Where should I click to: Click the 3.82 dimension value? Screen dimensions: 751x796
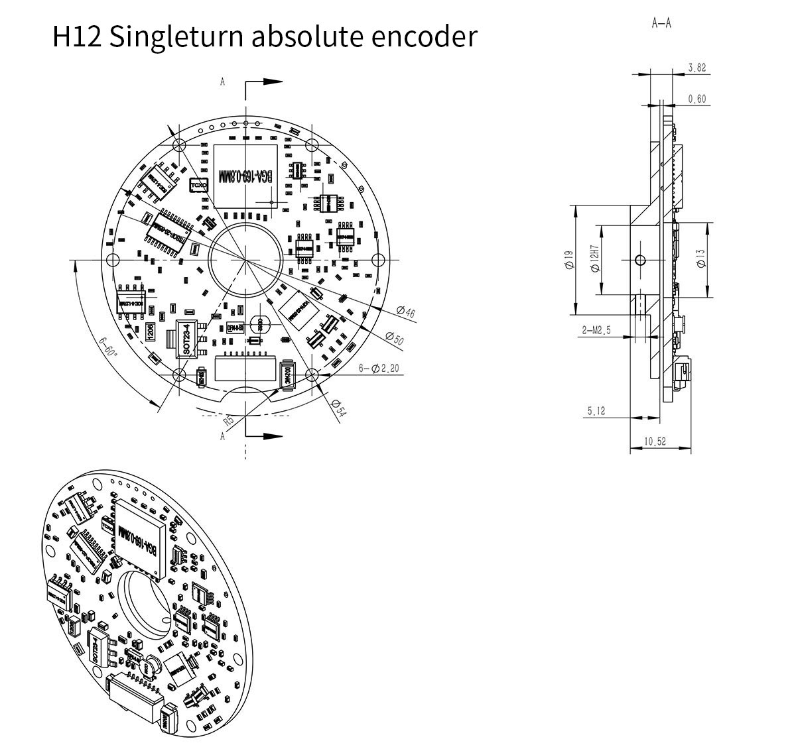(696, 68)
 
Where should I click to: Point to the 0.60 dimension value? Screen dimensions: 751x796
(696, 99)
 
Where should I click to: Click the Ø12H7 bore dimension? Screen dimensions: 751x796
(595, 259)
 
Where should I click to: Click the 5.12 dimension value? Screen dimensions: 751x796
(596, 411)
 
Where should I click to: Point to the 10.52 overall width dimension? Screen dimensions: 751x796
(655, 441)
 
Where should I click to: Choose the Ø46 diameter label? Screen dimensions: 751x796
(405, 312)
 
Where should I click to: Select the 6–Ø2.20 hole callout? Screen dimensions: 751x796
(379, 368)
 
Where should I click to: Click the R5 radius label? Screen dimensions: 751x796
(228, 420)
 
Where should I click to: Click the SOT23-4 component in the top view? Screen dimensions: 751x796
(186, 339)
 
